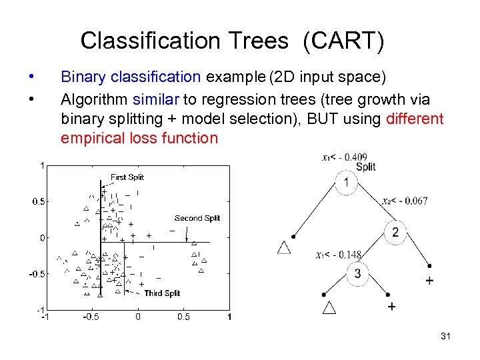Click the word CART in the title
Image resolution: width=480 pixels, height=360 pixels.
pos(343,41)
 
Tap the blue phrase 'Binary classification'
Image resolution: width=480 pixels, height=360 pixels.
pos(131,77)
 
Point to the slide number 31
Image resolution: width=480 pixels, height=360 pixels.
pos(445,337)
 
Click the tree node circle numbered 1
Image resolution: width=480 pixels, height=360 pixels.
pos(346,183)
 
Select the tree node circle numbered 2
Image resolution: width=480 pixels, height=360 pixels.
pos(395,232)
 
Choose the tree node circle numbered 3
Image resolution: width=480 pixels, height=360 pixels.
pos(357,274)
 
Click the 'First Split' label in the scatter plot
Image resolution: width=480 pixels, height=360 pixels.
pos(127,177)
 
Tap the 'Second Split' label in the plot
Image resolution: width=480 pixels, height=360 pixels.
pos(197,218)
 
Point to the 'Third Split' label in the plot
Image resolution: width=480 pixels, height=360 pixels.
pos(162,293)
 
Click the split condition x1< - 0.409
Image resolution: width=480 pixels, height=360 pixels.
pos(344,157)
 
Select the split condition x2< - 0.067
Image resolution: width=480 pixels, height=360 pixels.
pos(405,201)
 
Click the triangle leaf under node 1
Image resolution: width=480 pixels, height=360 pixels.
pos(284,247)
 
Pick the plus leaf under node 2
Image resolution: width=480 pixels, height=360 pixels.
pos(429,281)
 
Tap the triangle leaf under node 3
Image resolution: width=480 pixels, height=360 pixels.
pos(329,307)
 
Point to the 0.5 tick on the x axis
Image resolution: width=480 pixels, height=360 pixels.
pos(183,317)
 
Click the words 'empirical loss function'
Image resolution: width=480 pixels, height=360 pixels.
pos(139,139)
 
